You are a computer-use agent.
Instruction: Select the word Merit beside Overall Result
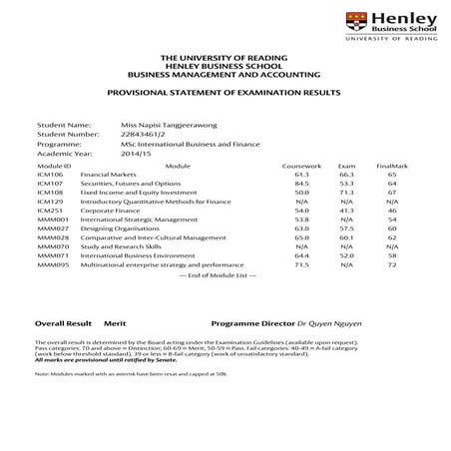[115, 324]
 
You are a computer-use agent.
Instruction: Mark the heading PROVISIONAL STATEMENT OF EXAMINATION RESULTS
[225, 90]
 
